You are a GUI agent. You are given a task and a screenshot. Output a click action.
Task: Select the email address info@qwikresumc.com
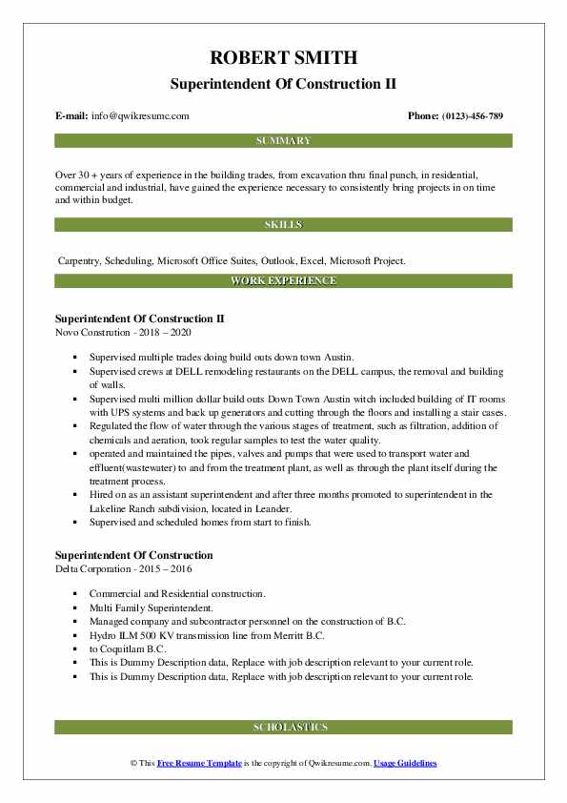[x=140, y=116]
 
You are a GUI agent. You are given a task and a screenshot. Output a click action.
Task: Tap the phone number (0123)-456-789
[x=474, y=116]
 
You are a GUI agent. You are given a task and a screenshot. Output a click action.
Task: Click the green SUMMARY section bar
[x=283, y=141]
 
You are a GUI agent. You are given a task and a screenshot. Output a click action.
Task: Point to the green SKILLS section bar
[x=283, y=225]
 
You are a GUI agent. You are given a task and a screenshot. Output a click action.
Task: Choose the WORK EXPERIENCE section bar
[x=283, y=281]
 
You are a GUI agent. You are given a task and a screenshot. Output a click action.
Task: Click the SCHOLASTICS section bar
[x=283, y=727]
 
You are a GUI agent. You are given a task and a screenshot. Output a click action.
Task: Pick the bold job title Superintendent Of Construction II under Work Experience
[x=139, y=318]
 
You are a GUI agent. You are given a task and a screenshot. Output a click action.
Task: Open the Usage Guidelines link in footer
[x=405, y=764]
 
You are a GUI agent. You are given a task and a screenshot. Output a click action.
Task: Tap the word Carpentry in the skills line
[x=79, y=259]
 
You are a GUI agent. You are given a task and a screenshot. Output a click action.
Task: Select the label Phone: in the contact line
[x=423, y=116]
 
